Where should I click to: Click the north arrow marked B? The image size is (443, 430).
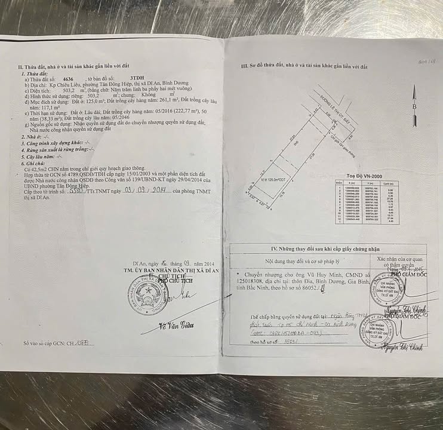click(413, 99)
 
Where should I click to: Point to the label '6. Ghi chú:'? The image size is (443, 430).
click(33, 162)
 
